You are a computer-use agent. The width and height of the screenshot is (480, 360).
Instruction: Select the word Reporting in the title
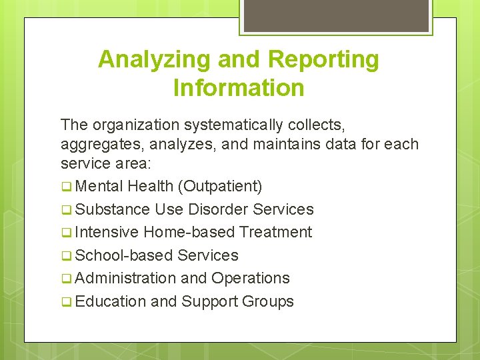click(x=323, y=60)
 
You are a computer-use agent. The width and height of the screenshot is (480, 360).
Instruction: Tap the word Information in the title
click(x=239, y=88)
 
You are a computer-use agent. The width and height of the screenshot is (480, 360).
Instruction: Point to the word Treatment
click(x=275, y=232)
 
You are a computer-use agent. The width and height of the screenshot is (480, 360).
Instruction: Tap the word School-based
click(x=125, y=255)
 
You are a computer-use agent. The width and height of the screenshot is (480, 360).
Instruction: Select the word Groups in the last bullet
click(x=267, y=301)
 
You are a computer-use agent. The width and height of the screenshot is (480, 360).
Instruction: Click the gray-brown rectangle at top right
click(x=336, y=16)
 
